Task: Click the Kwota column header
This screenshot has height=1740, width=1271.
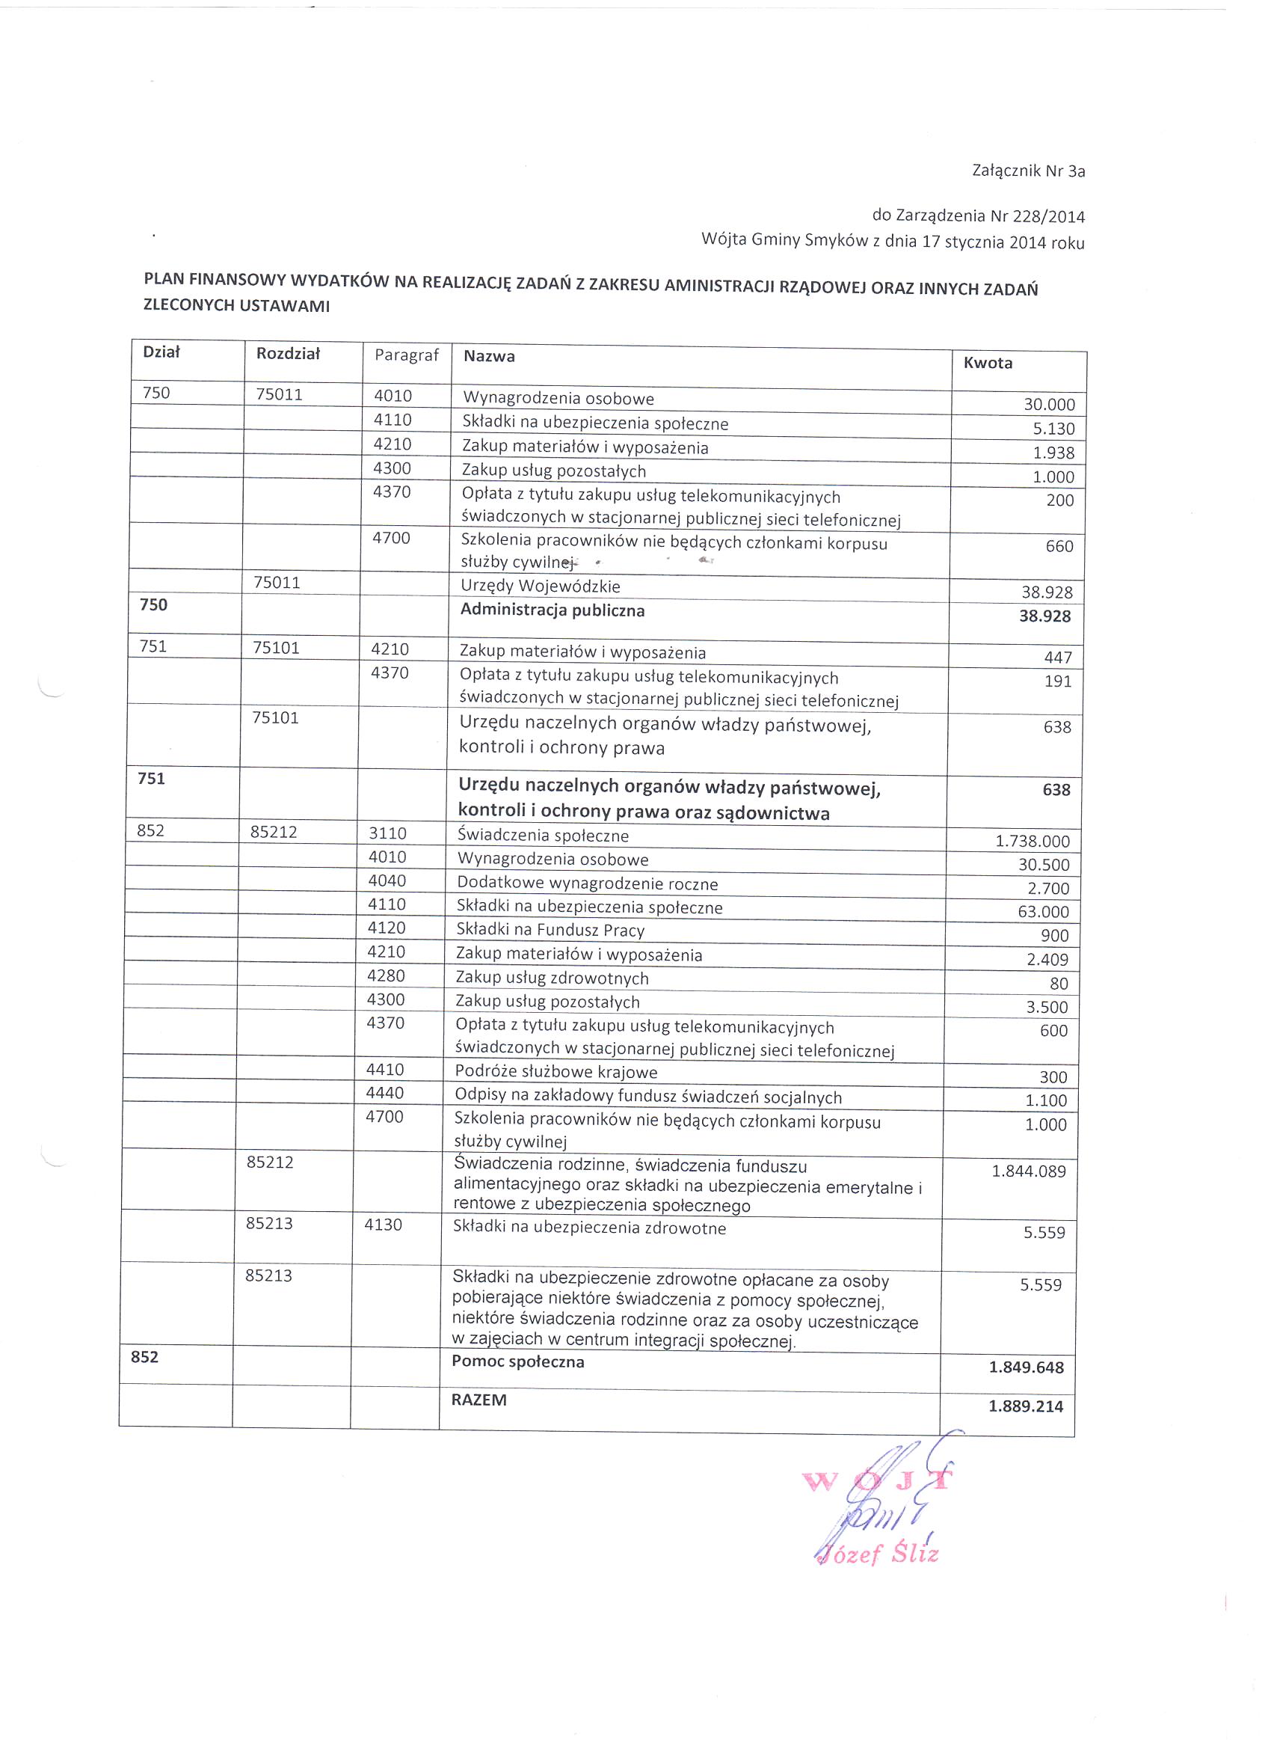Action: pos(988,364)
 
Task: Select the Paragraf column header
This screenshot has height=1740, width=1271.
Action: pos(406,355)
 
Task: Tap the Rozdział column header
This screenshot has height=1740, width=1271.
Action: pos(288,353)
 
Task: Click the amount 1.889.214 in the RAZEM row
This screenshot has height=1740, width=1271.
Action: pos(1026,1406)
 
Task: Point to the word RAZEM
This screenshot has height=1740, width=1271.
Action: pos(478,1400)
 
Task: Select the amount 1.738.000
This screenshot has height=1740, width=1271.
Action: pos(1033,841)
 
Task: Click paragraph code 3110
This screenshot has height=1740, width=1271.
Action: pos(387,833)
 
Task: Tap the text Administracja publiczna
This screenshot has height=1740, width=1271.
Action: pos(553,610)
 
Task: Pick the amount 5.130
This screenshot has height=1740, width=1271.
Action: pos(1053,429)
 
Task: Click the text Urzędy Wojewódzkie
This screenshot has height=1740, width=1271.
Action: pos(540,586)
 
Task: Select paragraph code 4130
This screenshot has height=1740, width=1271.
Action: pos(383,1225)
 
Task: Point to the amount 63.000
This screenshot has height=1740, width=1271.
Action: pos(1043,912)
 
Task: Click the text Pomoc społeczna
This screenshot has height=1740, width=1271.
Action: pos(518,1361)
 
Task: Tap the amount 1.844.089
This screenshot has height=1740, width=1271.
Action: pos(1029,1171)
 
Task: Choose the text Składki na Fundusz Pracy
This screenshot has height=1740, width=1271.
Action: pos(550,931)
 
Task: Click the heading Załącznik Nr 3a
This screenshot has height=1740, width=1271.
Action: pos(1028,171)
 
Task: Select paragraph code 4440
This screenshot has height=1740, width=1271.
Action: pos(385,1093)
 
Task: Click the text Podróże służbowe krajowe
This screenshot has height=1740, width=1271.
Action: pos(556,1072)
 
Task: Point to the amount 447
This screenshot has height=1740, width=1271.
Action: pos(1058,658)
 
